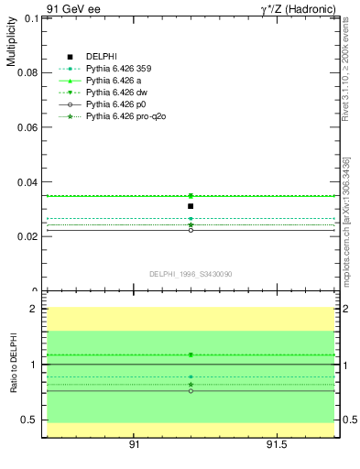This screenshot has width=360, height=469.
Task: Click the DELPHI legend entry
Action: click(x=100, y=57)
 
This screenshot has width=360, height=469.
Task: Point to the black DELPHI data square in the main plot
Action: click(x=191, y=206)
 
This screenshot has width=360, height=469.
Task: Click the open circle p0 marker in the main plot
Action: click(x=191, y=230)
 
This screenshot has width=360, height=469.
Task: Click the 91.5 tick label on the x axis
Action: click(x=277, y=444)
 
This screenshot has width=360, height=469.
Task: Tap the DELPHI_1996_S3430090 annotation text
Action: click(x=190, y=274)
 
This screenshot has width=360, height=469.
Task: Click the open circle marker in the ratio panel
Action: click(x=191, y=390)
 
